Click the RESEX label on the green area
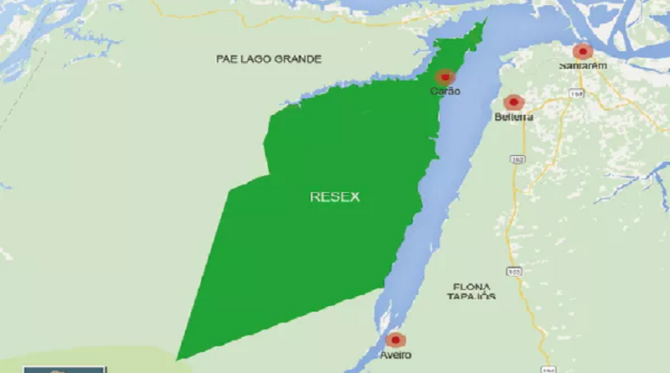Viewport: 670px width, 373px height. pos(334,197)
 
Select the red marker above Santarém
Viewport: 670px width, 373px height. pos(583,51)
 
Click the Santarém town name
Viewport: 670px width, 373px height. pos(583,65)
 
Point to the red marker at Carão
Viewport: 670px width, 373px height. pos(445,77)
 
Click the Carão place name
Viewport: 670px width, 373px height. pos(446,91)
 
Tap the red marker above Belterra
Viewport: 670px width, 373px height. pos(513,102)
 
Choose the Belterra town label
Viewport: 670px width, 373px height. pos(513,117)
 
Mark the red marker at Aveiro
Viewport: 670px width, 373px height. pos(395,340)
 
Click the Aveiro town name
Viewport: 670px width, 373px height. pos(395,355)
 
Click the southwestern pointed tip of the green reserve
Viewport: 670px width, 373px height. pos(178,358)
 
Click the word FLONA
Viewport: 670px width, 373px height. pos(469,284)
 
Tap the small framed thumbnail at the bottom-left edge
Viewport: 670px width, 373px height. pos(64,369)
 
